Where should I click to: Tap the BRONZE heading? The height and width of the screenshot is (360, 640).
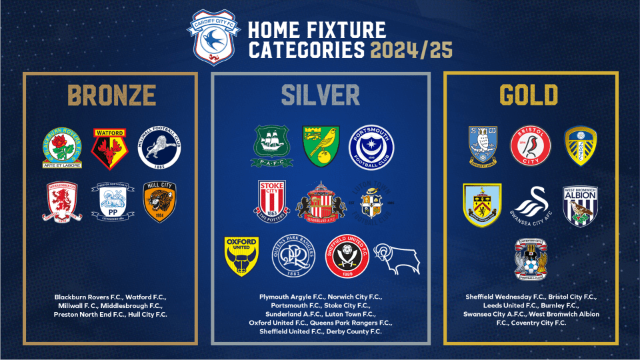pyautogui.click(x=110, y=95)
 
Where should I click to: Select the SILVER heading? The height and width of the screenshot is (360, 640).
pyautogui.click(x=321, y=95)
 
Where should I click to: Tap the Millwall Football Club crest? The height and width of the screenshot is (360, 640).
pyautogui.click(x=159, y=148)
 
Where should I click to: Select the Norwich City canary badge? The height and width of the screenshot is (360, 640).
pyautogui.click(x=321, y=145)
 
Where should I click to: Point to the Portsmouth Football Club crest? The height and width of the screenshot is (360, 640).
pyautogui.click(x=372, y=147)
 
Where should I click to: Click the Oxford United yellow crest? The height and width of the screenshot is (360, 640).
pyautogui.click(x=241, y=255)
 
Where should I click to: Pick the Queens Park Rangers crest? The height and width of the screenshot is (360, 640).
pyautogui.click(x=293, y=255)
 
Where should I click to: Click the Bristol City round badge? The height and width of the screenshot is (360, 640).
pyautogui.click(x=529, y=147)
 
